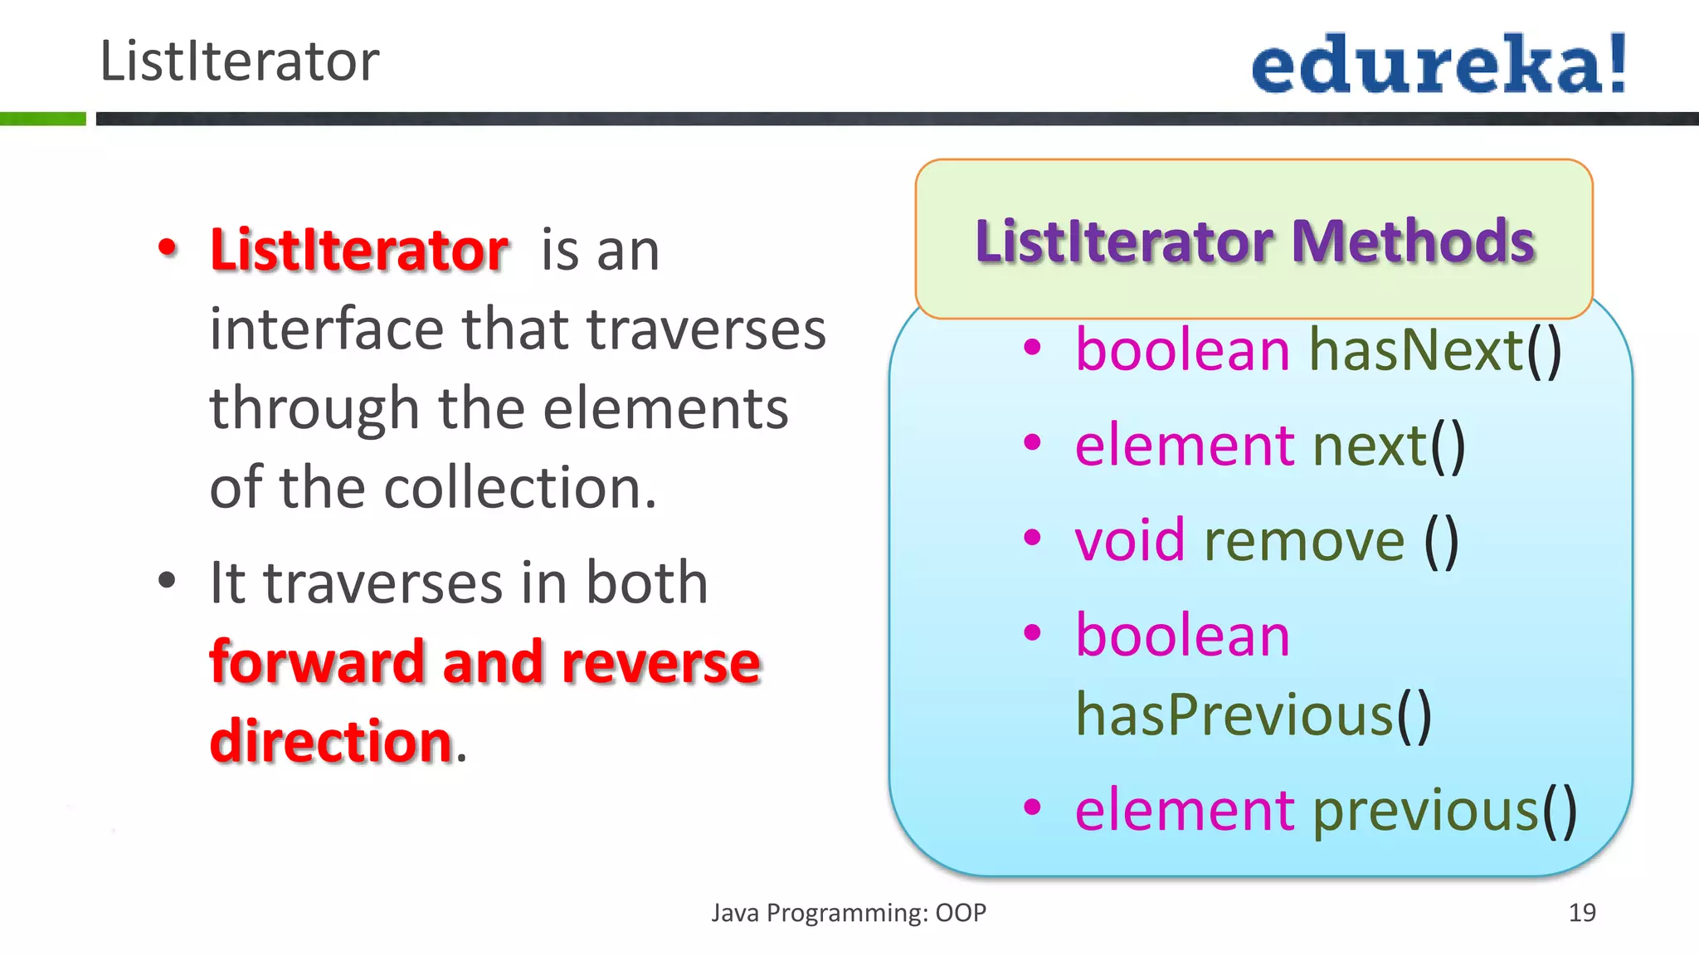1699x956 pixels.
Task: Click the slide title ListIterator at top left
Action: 239,61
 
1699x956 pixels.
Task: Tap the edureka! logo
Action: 1439,65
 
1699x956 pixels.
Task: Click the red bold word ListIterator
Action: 358,250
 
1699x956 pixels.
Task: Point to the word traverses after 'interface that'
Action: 706,329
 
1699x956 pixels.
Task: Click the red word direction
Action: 330,741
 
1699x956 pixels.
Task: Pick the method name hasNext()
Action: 1435,349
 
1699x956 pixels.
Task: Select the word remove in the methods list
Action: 1304,540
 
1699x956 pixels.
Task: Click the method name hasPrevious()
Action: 1253,715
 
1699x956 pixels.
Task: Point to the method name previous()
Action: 1444,810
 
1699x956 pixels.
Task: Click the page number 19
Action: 1581,913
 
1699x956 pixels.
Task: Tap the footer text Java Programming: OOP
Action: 848,913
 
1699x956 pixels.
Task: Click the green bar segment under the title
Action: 43,119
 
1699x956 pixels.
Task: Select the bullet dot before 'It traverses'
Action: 168,582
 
